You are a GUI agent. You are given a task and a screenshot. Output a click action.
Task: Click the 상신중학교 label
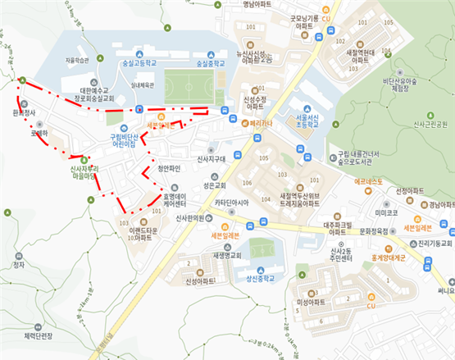pos(263,278)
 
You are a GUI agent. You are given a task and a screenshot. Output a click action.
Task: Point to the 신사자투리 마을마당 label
pos(84,171)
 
